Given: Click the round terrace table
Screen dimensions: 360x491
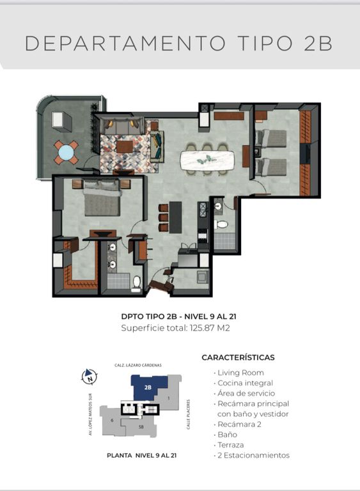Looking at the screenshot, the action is tap(66, 153).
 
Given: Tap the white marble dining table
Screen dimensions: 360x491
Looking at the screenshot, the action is tap(207, 160).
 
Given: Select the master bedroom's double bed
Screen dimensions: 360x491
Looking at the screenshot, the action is tap(102, 199).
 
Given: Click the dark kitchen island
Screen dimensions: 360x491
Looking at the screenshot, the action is tap(175, 217).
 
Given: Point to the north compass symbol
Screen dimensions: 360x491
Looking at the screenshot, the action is tap(90, 376).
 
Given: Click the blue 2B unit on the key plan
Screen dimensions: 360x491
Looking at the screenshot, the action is tap(148, 387).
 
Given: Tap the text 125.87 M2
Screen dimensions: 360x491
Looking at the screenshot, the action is tap(210, 328).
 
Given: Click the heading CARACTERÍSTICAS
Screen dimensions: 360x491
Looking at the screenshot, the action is tap(238, 357).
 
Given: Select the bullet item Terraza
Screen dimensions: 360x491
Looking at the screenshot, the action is tap(231, 445).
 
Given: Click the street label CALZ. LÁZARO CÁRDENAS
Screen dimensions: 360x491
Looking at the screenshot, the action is tap(138, 365).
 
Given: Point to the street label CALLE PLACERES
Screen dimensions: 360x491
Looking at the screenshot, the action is tap(188, 414).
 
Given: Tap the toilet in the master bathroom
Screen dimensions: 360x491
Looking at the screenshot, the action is tap(137, 282).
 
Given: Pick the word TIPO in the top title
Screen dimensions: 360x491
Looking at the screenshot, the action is tap(265, 43).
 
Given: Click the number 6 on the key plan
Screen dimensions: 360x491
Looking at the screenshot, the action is tap(112, 420).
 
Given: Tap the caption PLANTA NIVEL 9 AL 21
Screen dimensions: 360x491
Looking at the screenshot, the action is tap(141, 456).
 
